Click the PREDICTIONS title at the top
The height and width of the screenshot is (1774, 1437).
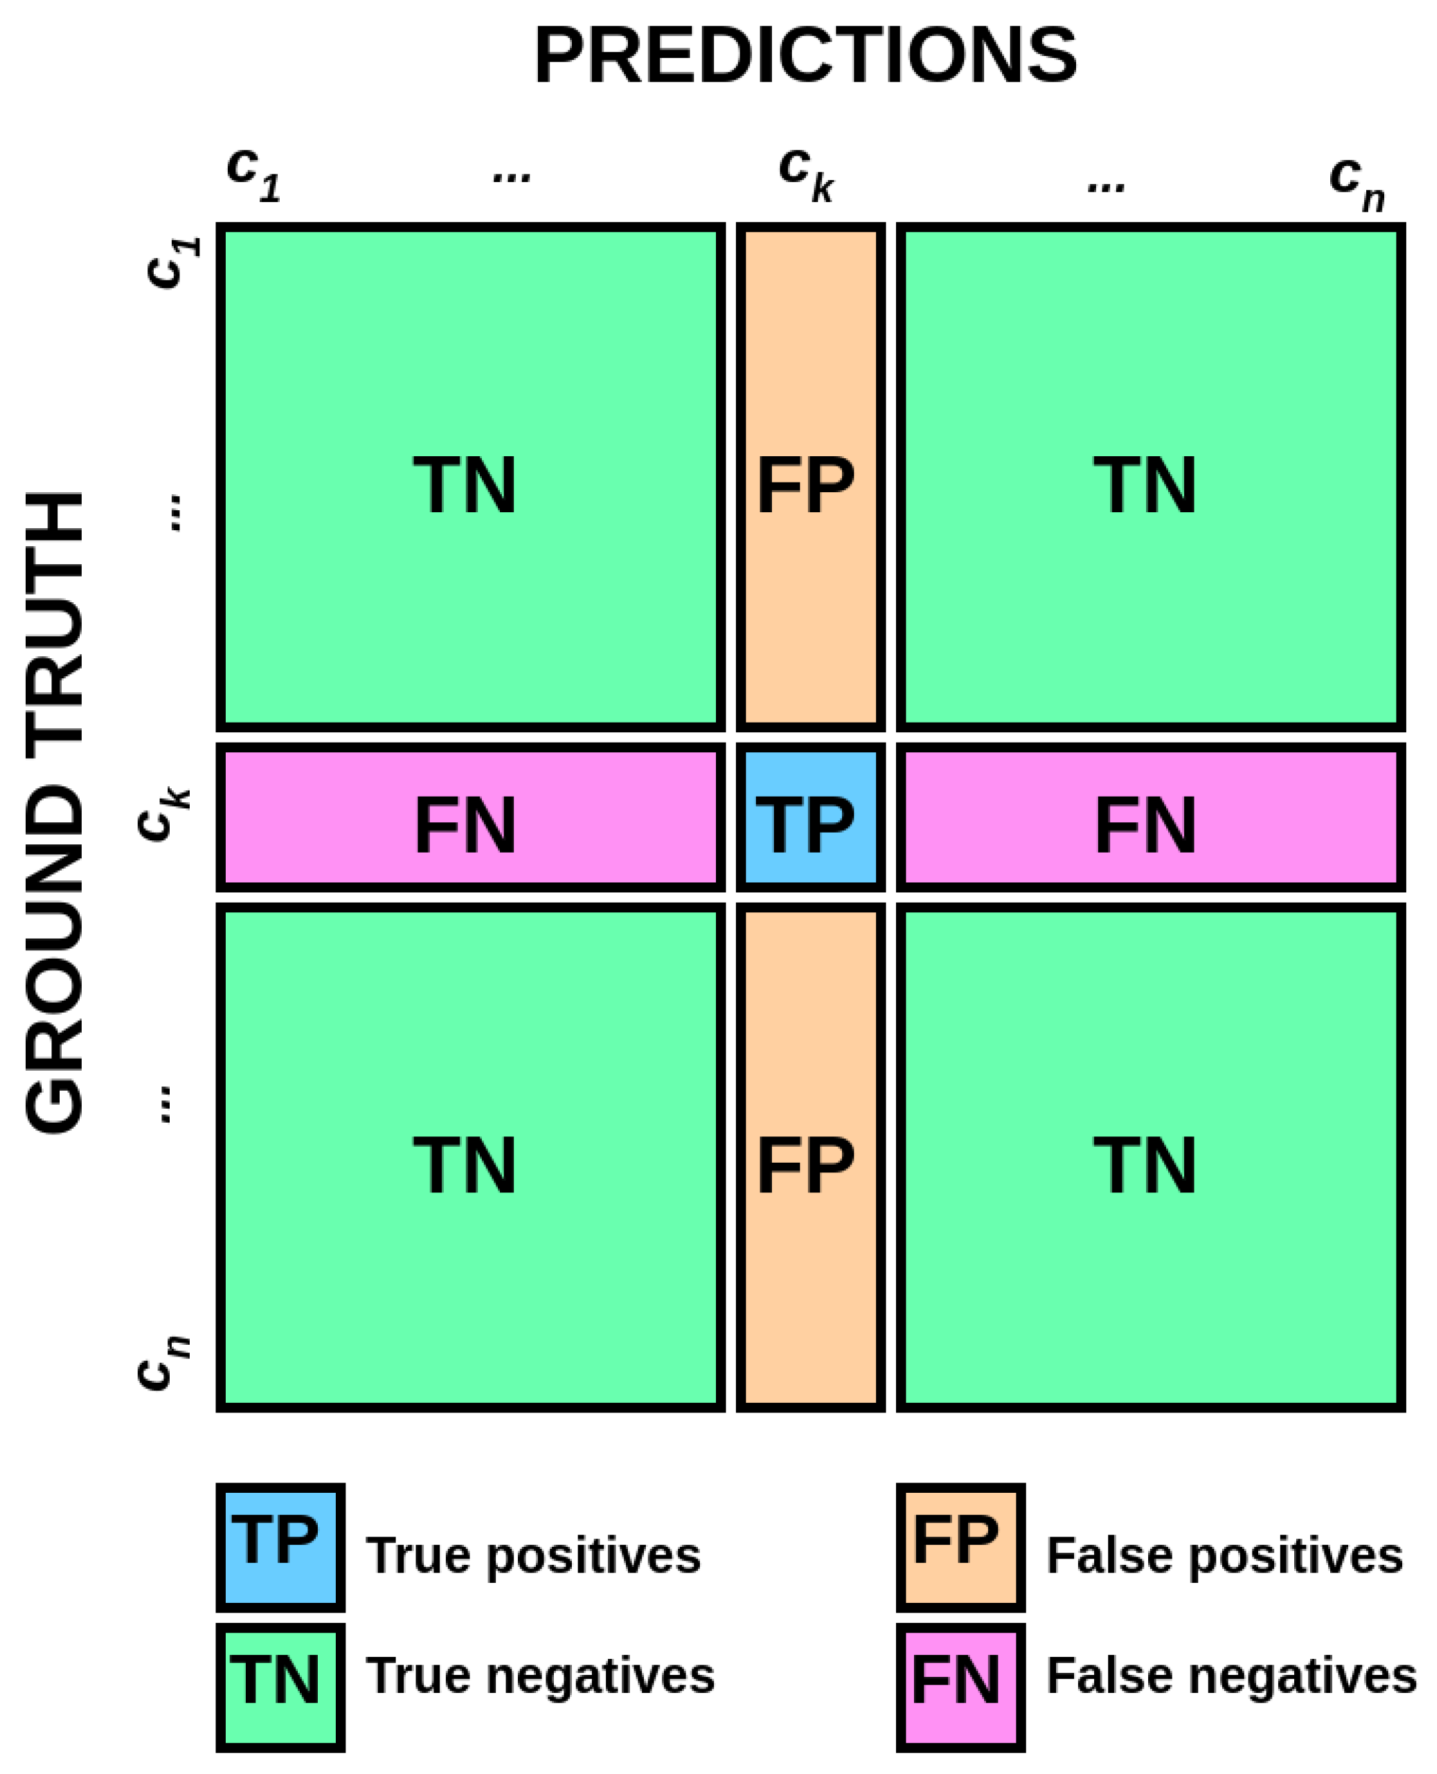[805, 56]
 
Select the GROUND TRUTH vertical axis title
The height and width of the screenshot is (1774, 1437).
[55, 811]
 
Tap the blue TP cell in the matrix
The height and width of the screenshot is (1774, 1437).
[810, 817]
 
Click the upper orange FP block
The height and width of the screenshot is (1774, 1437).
[810, 477]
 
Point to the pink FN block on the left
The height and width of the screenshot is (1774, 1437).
[470, 817]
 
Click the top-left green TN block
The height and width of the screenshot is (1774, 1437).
[470, 477]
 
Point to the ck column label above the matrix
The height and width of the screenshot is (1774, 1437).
[805, 174]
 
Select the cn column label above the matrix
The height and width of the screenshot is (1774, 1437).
[1357, 183]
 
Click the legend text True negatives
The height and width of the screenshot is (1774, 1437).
[540, 1676]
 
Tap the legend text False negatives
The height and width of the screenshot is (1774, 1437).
[1231, 1676]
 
